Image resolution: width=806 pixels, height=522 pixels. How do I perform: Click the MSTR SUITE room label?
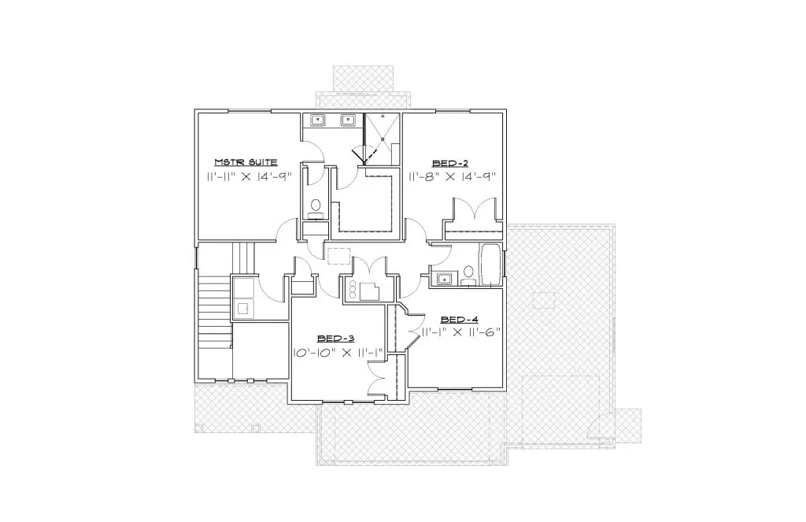click(246, 162)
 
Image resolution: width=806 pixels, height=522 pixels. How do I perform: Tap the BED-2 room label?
click(450, 164)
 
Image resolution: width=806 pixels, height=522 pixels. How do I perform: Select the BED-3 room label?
click(335, 339)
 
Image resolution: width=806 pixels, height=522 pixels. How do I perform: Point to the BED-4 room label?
click(460, 320)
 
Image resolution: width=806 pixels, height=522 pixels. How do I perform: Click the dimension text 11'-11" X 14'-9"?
click(249, 177)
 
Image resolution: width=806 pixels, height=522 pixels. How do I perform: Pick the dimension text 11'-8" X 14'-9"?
click(453, 177)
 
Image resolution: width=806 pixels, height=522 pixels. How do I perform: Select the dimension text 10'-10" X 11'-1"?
click(338, 353)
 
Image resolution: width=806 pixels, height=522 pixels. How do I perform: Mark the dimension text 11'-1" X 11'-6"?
click(460, 332)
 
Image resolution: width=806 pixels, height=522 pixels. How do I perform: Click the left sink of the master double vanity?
click(318, 120)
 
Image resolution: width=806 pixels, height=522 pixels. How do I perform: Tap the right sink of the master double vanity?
click(349, 120)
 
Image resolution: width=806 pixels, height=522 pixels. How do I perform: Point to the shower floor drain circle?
click(383, 139)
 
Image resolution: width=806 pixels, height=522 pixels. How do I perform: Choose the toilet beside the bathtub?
click(468, 274)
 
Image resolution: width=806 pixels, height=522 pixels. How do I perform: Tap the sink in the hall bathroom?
click(444, 279)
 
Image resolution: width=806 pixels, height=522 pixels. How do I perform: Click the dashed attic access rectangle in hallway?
click(338, 256)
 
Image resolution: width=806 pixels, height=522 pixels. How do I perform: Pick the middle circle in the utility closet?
click(353, 290)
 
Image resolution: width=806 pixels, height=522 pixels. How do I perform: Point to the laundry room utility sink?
click(242, 309)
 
